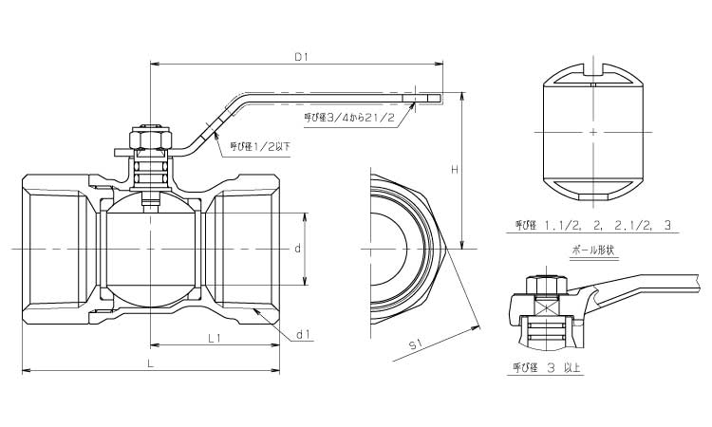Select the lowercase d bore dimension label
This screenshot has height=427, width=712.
(297, 249)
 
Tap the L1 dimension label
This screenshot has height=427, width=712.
(215, 337)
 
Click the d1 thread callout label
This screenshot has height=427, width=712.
(304, 334)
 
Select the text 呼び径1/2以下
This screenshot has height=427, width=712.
(253, 146)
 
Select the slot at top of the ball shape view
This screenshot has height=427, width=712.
(593, 68)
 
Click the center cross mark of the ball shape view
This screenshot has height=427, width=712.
(593, 132)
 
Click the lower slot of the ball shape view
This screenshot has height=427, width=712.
(593, 195)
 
